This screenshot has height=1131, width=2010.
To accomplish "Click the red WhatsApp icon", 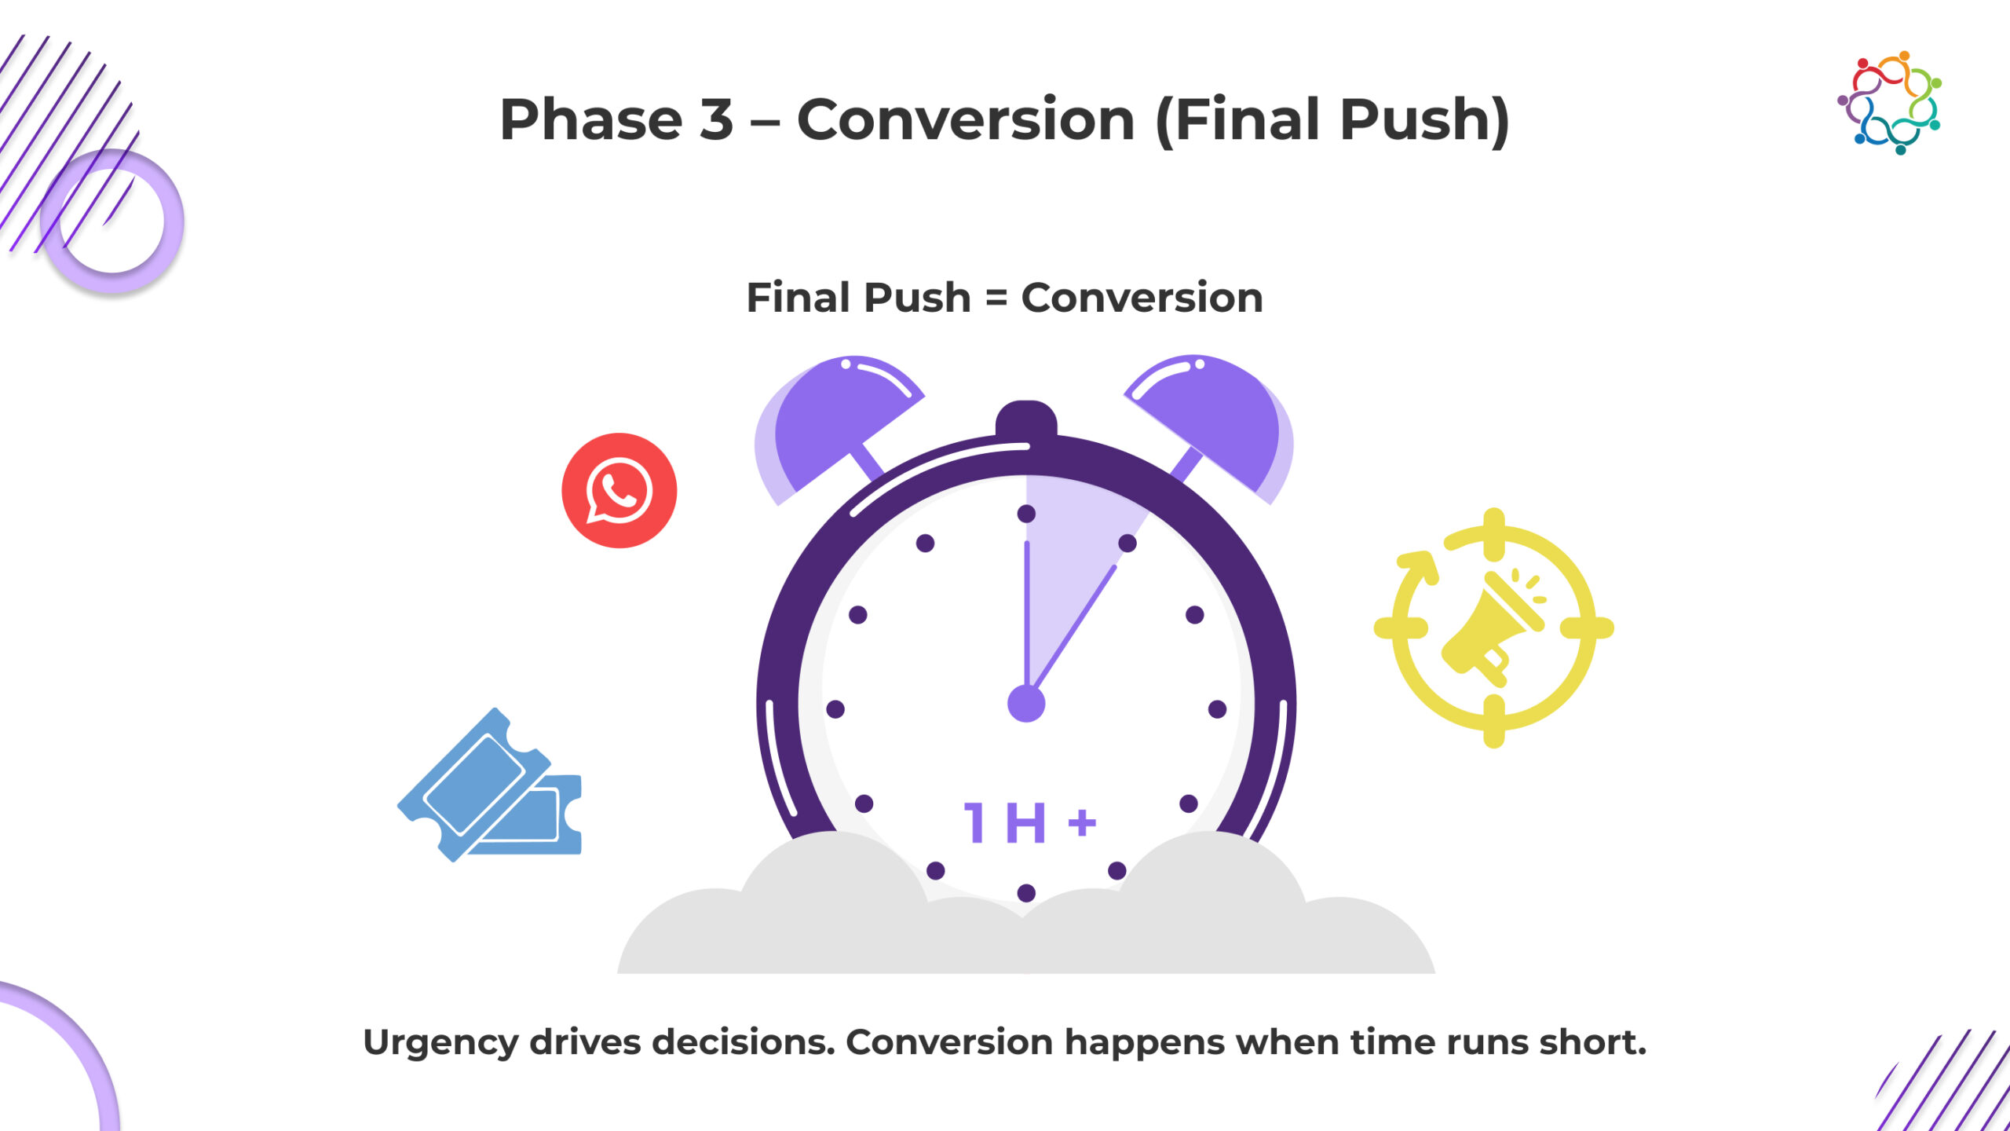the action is click(619, 490).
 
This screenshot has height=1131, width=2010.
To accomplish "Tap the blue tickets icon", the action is click(490, 785).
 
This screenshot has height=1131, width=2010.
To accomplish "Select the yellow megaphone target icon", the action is click(1493, 628).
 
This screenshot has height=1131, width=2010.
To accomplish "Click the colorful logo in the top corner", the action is click(1890, 102).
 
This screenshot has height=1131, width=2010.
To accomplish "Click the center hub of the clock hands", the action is click(1026, 703).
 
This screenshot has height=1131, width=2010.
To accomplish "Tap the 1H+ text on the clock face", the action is click(1029, 822).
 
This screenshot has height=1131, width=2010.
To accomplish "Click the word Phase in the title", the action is click(591, 119).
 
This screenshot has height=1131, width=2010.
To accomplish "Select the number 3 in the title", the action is click(716, 119).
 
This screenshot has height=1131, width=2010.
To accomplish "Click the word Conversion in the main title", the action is click(966, 119).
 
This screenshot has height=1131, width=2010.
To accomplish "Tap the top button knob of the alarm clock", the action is click(1026, 418).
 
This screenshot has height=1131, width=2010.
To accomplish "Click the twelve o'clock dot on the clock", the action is click(1026, 514).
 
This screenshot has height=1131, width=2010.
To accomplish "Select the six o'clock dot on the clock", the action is click(1026, 893).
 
